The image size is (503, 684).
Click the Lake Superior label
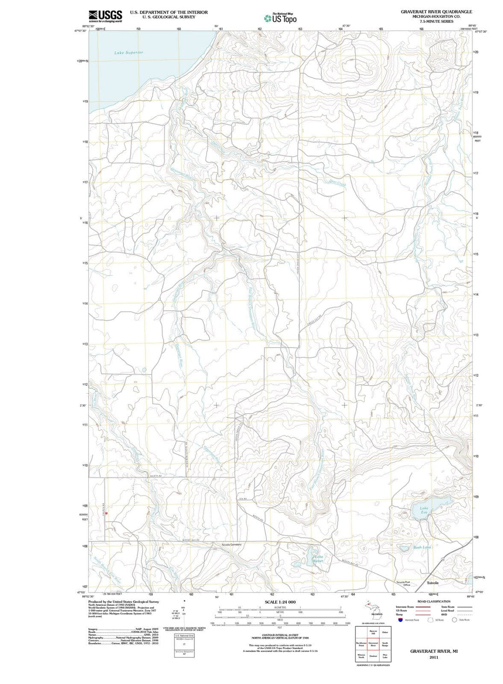click(x=129, y=53)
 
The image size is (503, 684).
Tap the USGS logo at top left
click(x=105, y=16)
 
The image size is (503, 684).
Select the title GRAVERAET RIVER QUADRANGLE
click(x=436, y=12)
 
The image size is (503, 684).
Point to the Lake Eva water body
click(x=431, y=506)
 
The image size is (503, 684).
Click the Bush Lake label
click(x=422, y=547)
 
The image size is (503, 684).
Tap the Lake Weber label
click(x=318, y=559)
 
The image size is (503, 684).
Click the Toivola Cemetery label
click(x=231, y=544)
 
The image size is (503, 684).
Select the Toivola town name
click(x=433, y=583)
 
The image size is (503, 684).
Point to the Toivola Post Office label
click(x=403, y=583)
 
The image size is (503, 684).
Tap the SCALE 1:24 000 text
click(x=280, y=602)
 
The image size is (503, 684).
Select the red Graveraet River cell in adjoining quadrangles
click(x=373, y=645)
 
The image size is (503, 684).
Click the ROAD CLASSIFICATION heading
click(x=434, y=602)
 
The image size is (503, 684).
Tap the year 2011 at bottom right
click(x=434, y=657)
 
